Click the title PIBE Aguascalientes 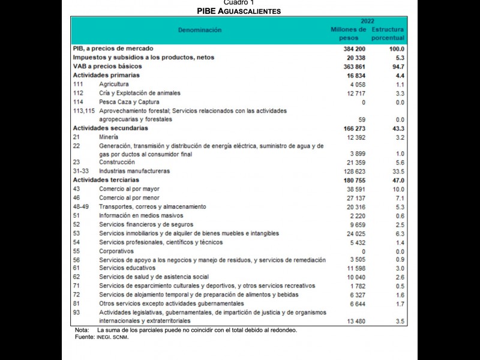click(239, 11)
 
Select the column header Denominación click(199, 30)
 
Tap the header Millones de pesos click(348, 34)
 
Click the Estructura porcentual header click(388, 34)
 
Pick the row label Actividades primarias click(106, 76)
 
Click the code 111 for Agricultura click(78, 85)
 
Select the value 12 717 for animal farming click(354, 94)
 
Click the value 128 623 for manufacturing click(353, 171)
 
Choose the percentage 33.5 click(398, 171)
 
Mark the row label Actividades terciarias click(106, 180)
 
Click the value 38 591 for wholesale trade click(354, 189)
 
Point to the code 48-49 click(81, 206)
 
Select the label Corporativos click(116, 251)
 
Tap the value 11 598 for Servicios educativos click(354, 268)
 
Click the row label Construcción click(117, 162)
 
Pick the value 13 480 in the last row click(354, 321)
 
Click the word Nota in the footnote click(82, 330)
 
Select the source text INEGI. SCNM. click(112, 337)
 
